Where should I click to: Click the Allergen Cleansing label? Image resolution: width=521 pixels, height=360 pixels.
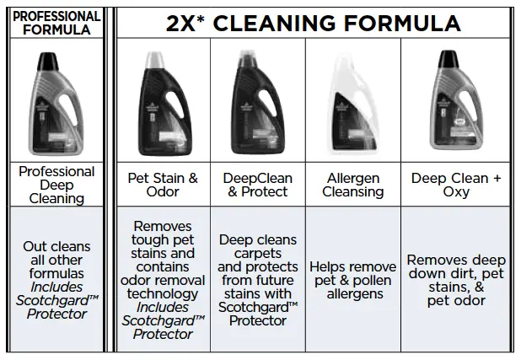(x=352, y=185)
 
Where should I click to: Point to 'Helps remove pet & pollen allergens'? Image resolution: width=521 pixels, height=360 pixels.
(x=352, y=280)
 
